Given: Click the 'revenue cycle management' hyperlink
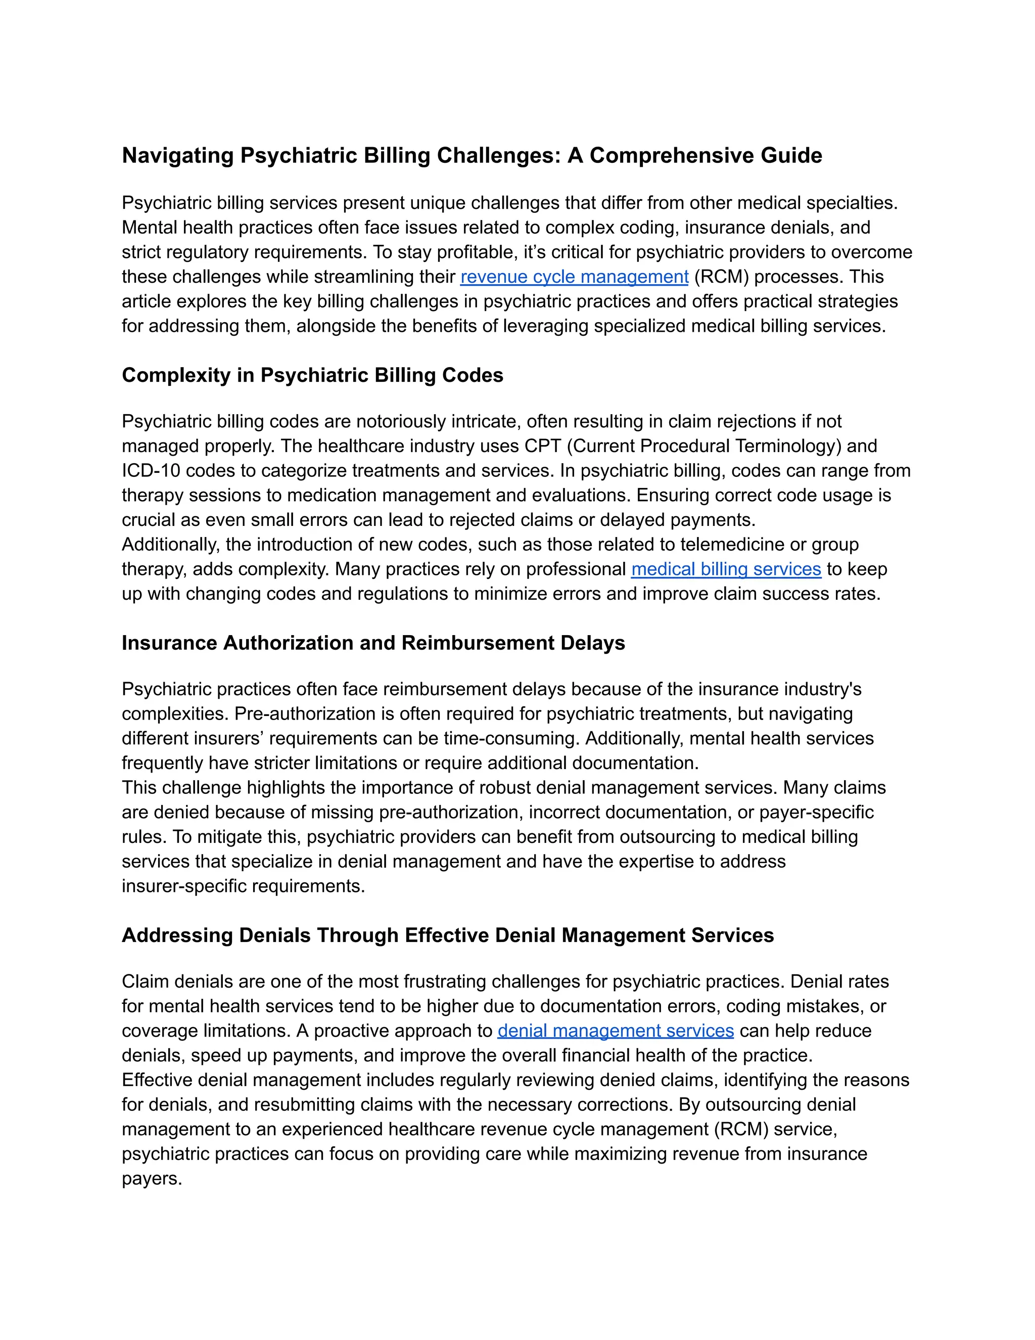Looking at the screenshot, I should point(574,277).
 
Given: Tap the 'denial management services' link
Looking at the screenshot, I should point(615,1031).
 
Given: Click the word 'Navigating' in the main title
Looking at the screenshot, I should point(178,155).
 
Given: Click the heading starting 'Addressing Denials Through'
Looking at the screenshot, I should point(448,935).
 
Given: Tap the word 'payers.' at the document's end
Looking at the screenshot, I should point(152,1179).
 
